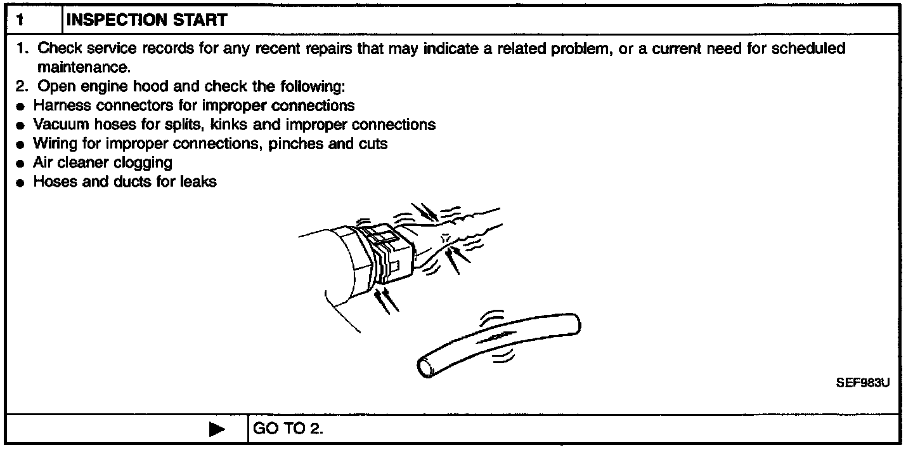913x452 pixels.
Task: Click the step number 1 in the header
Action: point(20,20)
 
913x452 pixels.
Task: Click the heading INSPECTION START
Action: point(146,20)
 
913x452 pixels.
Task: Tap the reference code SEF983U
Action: point(863,383)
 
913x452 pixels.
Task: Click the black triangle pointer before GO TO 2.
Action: point(216,429)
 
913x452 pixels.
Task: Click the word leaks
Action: point(198,182)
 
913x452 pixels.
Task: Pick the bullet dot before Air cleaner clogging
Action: point(21,164)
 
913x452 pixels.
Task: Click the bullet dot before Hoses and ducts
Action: point(21,183)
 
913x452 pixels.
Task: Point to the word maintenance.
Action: point(84,66)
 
